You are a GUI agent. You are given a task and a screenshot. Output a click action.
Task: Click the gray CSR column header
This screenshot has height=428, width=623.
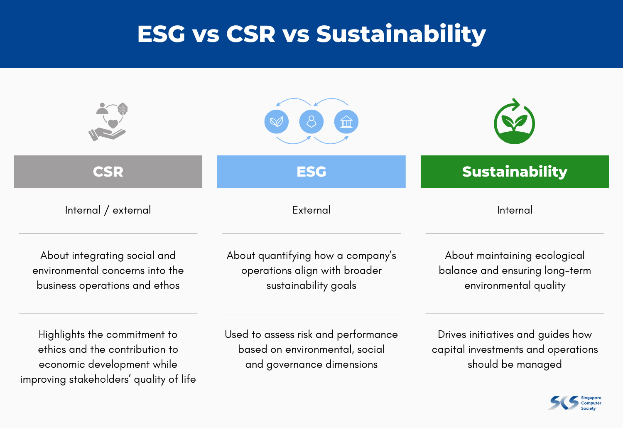(x=108, y=172)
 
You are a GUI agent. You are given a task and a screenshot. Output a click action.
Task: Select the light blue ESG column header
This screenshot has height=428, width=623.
(x=311, y=172)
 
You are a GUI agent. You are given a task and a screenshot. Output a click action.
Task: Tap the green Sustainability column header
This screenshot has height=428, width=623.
(x=515, y=172)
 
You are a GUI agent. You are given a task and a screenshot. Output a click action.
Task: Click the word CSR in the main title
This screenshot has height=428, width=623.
(x=251, y=34)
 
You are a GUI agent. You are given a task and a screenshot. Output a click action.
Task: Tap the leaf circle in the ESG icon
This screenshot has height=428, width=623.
(x=277, y=122)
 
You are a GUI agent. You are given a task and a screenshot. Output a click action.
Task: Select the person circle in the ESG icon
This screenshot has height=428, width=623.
(x=311, y=122)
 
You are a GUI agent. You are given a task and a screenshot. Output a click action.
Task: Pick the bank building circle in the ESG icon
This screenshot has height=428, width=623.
(x=346, y=122)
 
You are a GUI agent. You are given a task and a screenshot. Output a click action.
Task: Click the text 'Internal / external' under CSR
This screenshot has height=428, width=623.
(x=108, y=210)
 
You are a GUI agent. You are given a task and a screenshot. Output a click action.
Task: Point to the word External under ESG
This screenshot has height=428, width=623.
(x=311, y=210)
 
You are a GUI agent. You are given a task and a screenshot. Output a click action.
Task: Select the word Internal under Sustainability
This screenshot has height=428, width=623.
(x=515, y=210)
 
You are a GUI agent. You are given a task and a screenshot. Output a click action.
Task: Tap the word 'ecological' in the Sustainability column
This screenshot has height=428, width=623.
(x=560, y=256)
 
